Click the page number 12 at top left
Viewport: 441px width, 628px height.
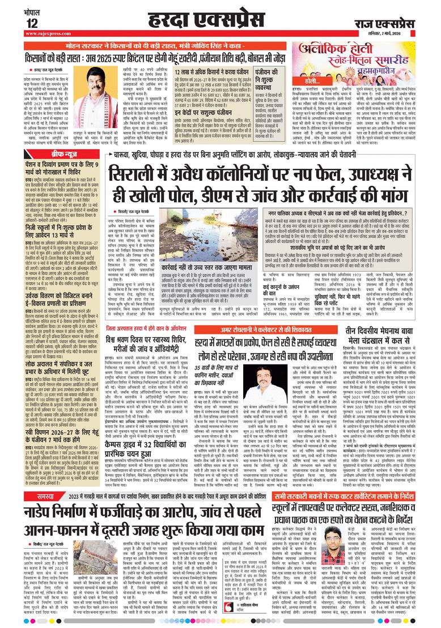pyautogui.click(x=32, y=23)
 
